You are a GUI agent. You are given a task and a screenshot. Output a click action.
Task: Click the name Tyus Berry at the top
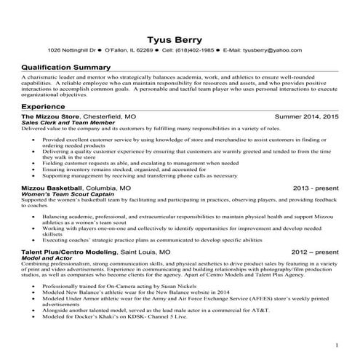180,37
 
